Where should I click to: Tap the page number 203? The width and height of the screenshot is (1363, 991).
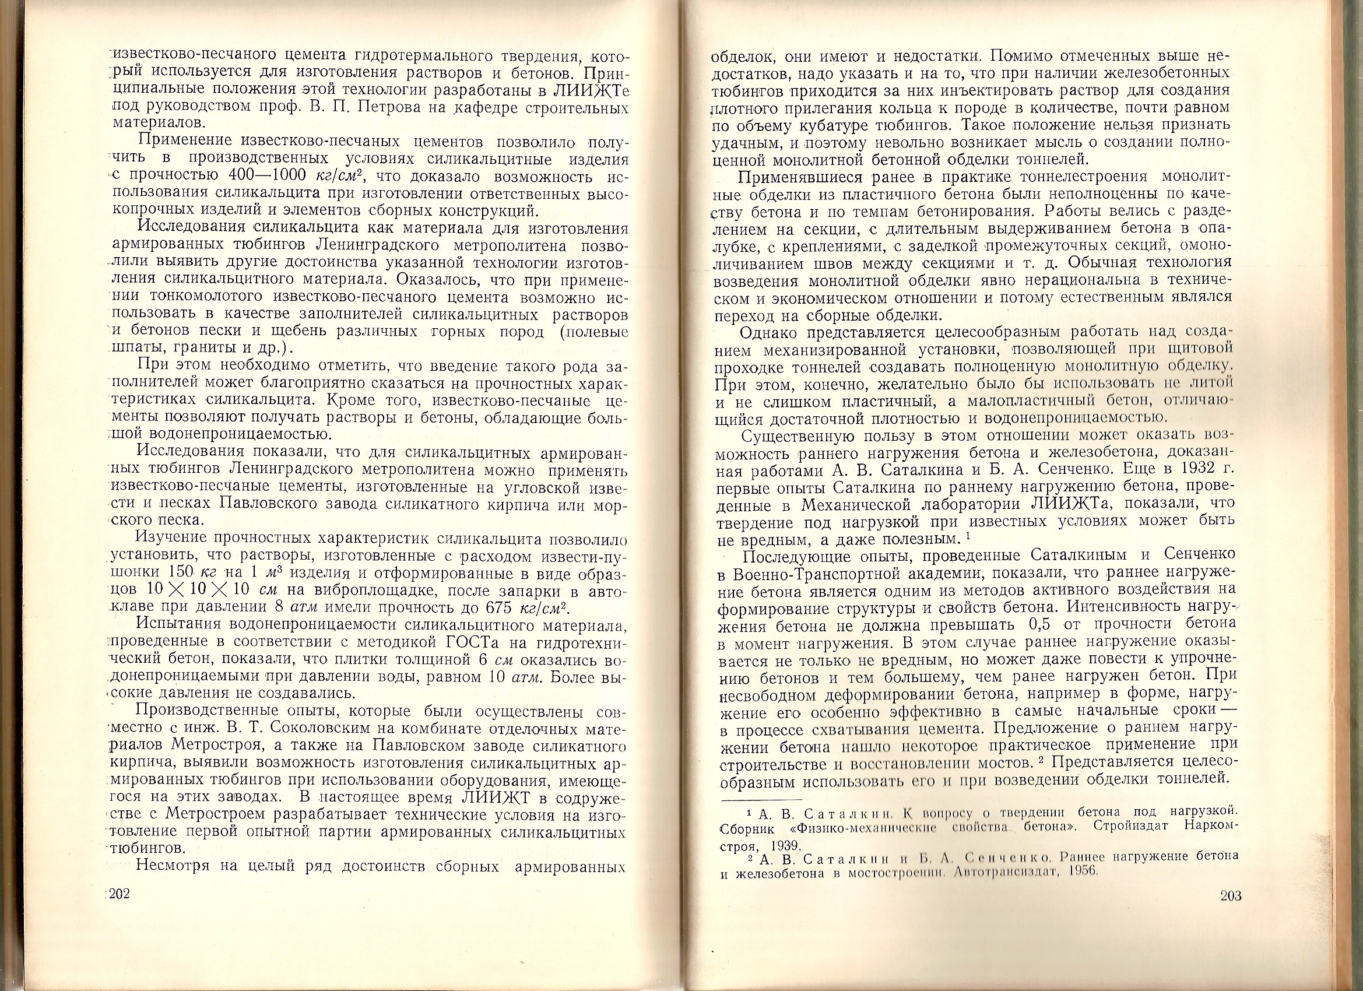pyautogui.click(x=1231, y=896)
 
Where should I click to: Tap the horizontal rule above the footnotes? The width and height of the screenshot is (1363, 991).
pyautogui.click(x=761, y=799)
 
